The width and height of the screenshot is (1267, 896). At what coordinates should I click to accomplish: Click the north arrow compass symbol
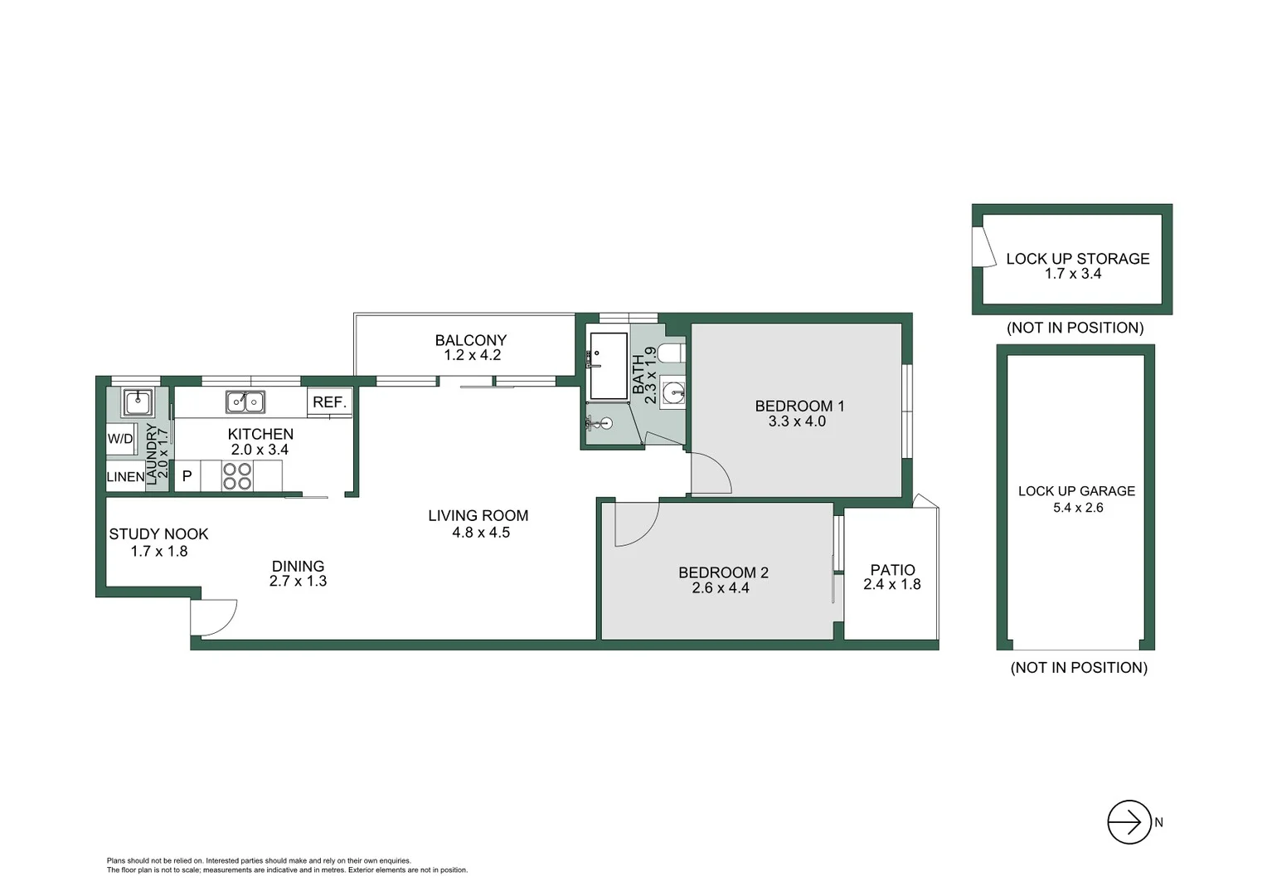[x=1129, y=822]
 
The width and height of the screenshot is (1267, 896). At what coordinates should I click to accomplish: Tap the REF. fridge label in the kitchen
[x=329, y=402]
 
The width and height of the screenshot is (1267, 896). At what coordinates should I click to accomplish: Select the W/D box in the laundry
[x=120, y=439]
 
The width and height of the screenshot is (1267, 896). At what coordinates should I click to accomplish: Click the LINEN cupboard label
[x=125, y=477]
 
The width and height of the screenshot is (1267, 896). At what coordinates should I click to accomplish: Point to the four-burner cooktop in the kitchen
[x=237, y=476]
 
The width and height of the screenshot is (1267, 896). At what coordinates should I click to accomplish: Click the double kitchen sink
[x=245, y=402]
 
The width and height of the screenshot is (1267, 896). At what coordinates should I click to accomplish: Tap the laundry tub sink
[x=138, y=403]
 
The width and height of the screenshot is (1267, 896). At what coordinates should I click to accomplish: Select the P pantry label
[x=187, y=476]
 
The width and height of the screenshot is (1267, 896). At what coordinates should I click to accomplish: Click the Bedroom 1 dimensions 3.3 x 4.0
[x=797, y=421]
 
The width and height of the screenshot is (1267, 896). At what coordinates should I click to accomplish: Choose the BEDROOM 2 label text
[x=723, y=572]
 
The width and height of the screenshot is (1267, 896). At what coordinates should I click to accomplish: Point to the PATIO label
[x=892, y=570]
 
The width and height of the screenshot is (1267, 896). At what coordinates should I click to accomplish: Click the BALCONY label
[x=470, y=340]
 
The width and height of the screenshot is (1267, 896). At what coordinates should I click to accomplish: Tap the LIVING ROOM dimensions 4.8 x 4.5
[x=481, y=533]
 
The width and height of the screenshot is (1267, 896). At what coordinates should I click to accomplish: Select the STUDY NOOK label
[x=158, y=534]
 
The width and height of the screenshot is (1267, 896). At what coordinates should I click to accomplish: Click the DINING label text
[x=298, y=566]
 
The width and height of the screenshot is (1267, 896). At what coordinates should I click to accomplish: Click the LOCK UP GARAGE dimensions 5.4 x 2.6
[x=1078, y=508]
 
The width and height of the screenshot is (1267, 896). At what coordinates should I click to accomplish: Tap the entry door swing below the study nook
[x=212, y=617]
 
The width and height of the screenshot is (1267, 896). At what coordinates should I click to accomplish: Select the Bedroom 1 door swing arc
[x=711, y=474]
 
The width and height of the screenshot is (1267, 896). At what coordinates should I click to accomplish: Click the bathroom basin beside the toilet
[x=673, y=392]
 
